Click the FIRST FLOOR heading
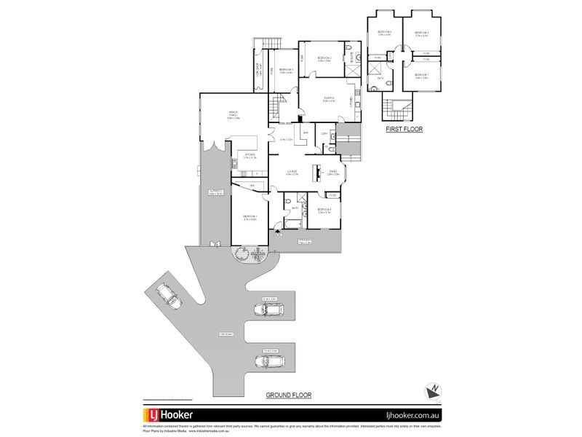coord(405,129)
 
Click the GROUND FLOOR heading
coord(288,394)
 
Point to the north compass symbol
coord(431,390)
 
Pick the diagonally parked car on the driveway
coord(168,295)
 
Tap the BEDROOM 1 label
coord(250,217)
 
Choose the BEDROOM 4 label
coord(324,210)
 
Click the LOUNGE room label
coord(292,172)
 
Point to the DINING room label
coord(332,172)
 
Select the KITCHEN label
coord(249,155)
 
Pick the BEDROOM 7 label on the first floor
coord(422,74)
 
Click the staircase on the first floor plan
coord(397,110)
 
